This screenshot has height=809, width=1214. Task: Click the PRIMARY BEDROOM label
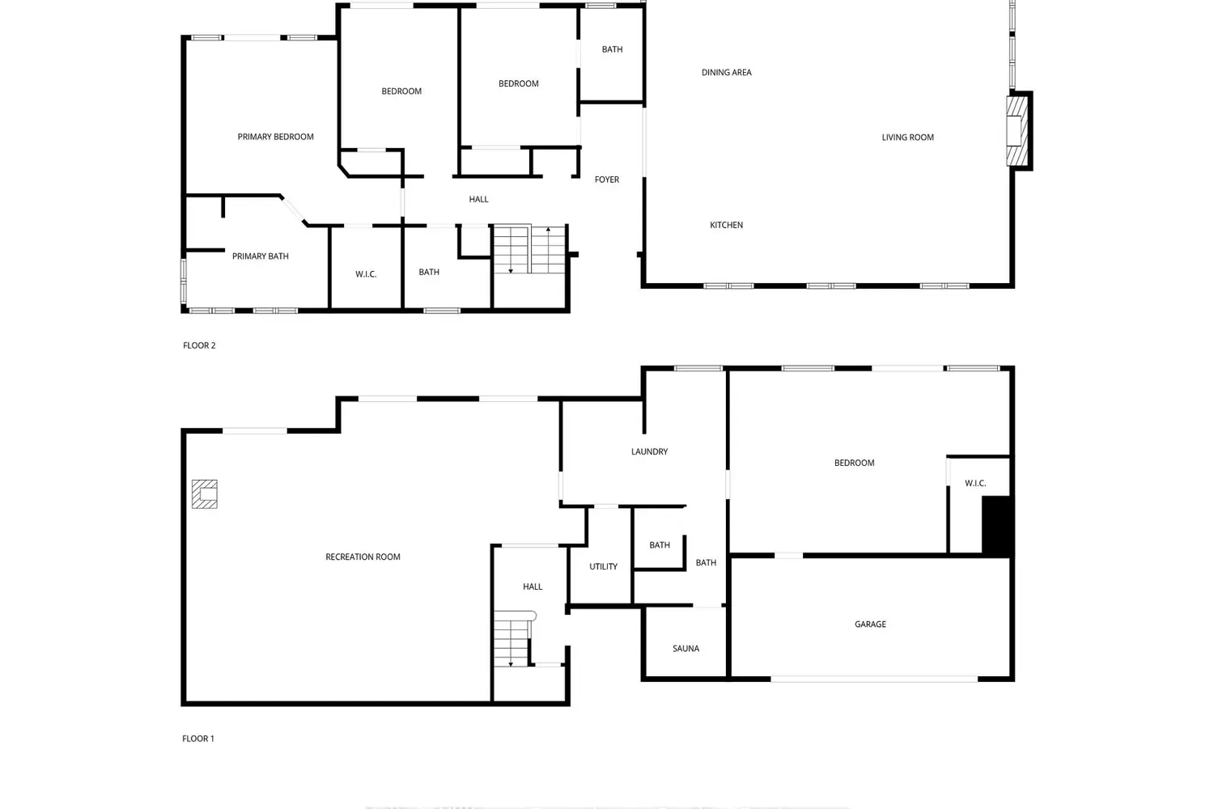pos(275,137)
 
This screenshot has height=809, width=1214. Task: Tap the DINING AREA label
pos(726,72)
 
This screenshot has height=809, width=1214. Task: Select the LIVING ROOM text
pos(907,137)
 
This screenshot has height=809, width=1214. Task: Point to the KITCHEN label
pos(726,225)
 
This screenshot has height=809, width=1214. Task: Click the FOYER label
pos(606,180)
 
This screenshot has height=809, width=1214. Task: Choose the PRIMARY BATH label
pos(260,256)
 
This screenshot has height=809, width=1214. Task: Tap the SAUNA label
pos(686,649)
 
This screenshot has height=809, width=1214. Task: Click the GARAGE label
pos(870,625)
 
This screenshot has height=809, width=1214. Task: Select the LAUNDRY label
pos(649,451)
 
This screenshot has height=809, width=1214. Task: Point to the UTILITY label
pos(603,567)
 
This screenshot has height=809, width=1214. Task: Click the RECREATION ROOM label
pos(363,557)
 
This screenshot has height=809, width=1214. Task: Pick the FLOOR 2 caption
pos(199,345)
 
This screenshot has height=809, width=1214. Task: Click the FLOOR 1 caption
pos(197,739)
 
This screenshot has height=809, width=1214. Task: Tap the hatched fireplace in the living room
pos(1017,130)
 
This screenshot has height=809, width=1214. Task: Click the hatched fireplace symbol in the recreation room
pos(204,494)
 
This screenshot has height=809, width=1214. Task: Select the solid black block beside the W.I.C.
pos(996,526)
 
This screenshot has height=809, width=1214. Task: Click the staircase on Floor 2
pos(529,249)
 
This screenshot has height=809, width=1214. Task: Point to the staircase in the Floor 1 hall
pos(513,638)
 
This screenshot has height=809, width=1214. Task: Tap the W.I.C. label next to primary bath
pos(366,274)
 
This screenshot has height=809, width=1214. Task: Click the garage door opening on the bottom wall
pos(873,679)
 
